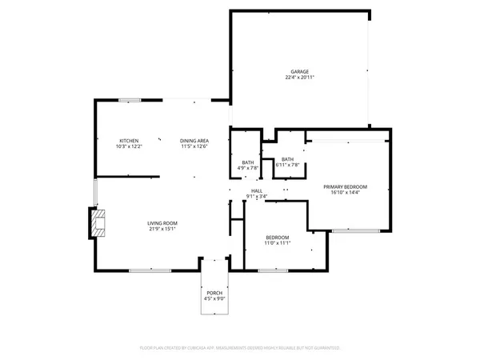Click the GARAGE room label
[299, 72]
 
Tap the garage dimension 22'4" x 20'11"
[299, 78]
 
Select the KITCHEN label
[129, 141]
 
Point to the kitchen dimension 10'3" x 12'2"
[129, 146]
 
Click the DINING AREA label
[194, 141]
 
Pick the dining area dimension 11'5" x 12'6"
[194, 146]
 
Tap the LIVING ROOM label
[162, 223]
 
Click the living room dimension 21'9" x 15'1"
[162, 229]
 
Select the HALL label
[257, 190]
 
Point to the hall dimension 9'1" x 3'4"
[257, 196]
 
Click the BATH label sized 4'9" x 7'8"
[248, 162]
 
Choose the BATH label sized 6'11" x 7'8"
[286, 159]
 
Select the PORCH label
[214, 294]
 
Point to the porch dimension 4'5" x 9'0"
[214, 299]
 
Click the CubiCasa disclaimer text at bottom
[240, 348]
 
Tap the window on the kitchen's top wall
[130, 100]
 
